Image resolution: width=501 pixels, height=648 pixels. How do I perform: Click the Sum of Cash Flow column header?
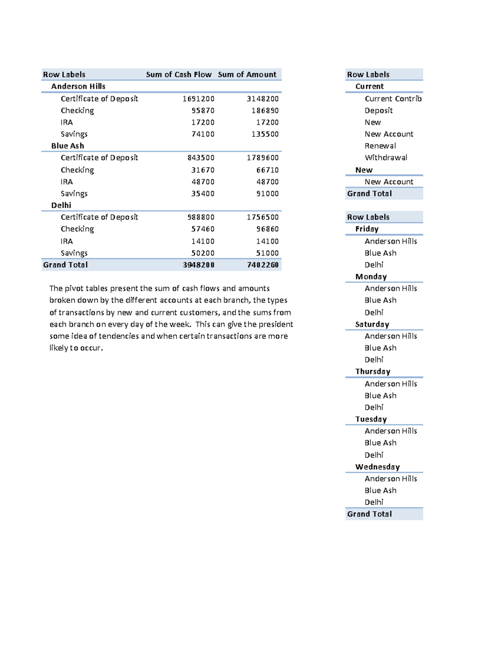(x=179, y=75)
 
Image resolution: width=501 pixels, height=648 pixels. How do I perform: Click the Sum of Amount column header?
(x=247, y=75)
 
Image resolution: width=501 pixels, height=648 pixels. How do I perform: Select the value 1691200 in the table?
(x=199, y=99)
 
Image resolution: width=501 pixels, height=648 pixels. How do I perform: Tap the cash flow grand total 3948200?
(x=199, y=265)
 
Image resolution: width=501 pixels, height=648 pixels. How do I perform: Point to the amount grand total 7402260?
(x=263, y=265)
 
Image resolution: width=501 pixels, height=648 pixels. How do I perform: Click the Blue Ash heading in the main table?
(x=68, y=146)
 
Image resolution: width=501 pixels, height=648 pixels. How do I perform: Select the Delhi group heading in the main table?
(x=61, y=205)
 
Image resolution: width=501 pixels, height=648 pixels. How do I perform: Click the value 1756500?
(x=263, y=217)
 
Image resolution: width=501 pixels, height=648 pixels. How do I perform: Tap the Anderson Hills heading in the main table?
(x=78, y=86)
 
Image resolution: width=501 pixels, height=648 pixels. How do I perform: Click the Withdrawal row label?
(x=386, y=158)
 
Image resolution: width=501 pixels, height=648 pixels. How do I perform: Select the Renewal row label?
(x=380, y=146)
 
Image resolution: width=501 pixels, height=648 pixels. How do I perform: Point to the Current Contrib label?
(x=393, y=99)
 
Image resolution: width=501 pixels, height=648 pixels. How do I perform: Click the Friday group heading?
(x=367, y=229)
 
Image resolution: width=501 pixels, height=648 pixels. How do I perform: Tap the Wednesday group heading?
(x=377, y=467)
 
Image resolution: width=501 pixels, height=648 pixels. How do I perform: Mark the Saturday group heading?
(x=372, y=325)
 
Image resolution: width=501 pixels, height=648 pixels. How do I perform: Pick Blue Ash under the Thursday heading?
(x=380, y=396)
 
